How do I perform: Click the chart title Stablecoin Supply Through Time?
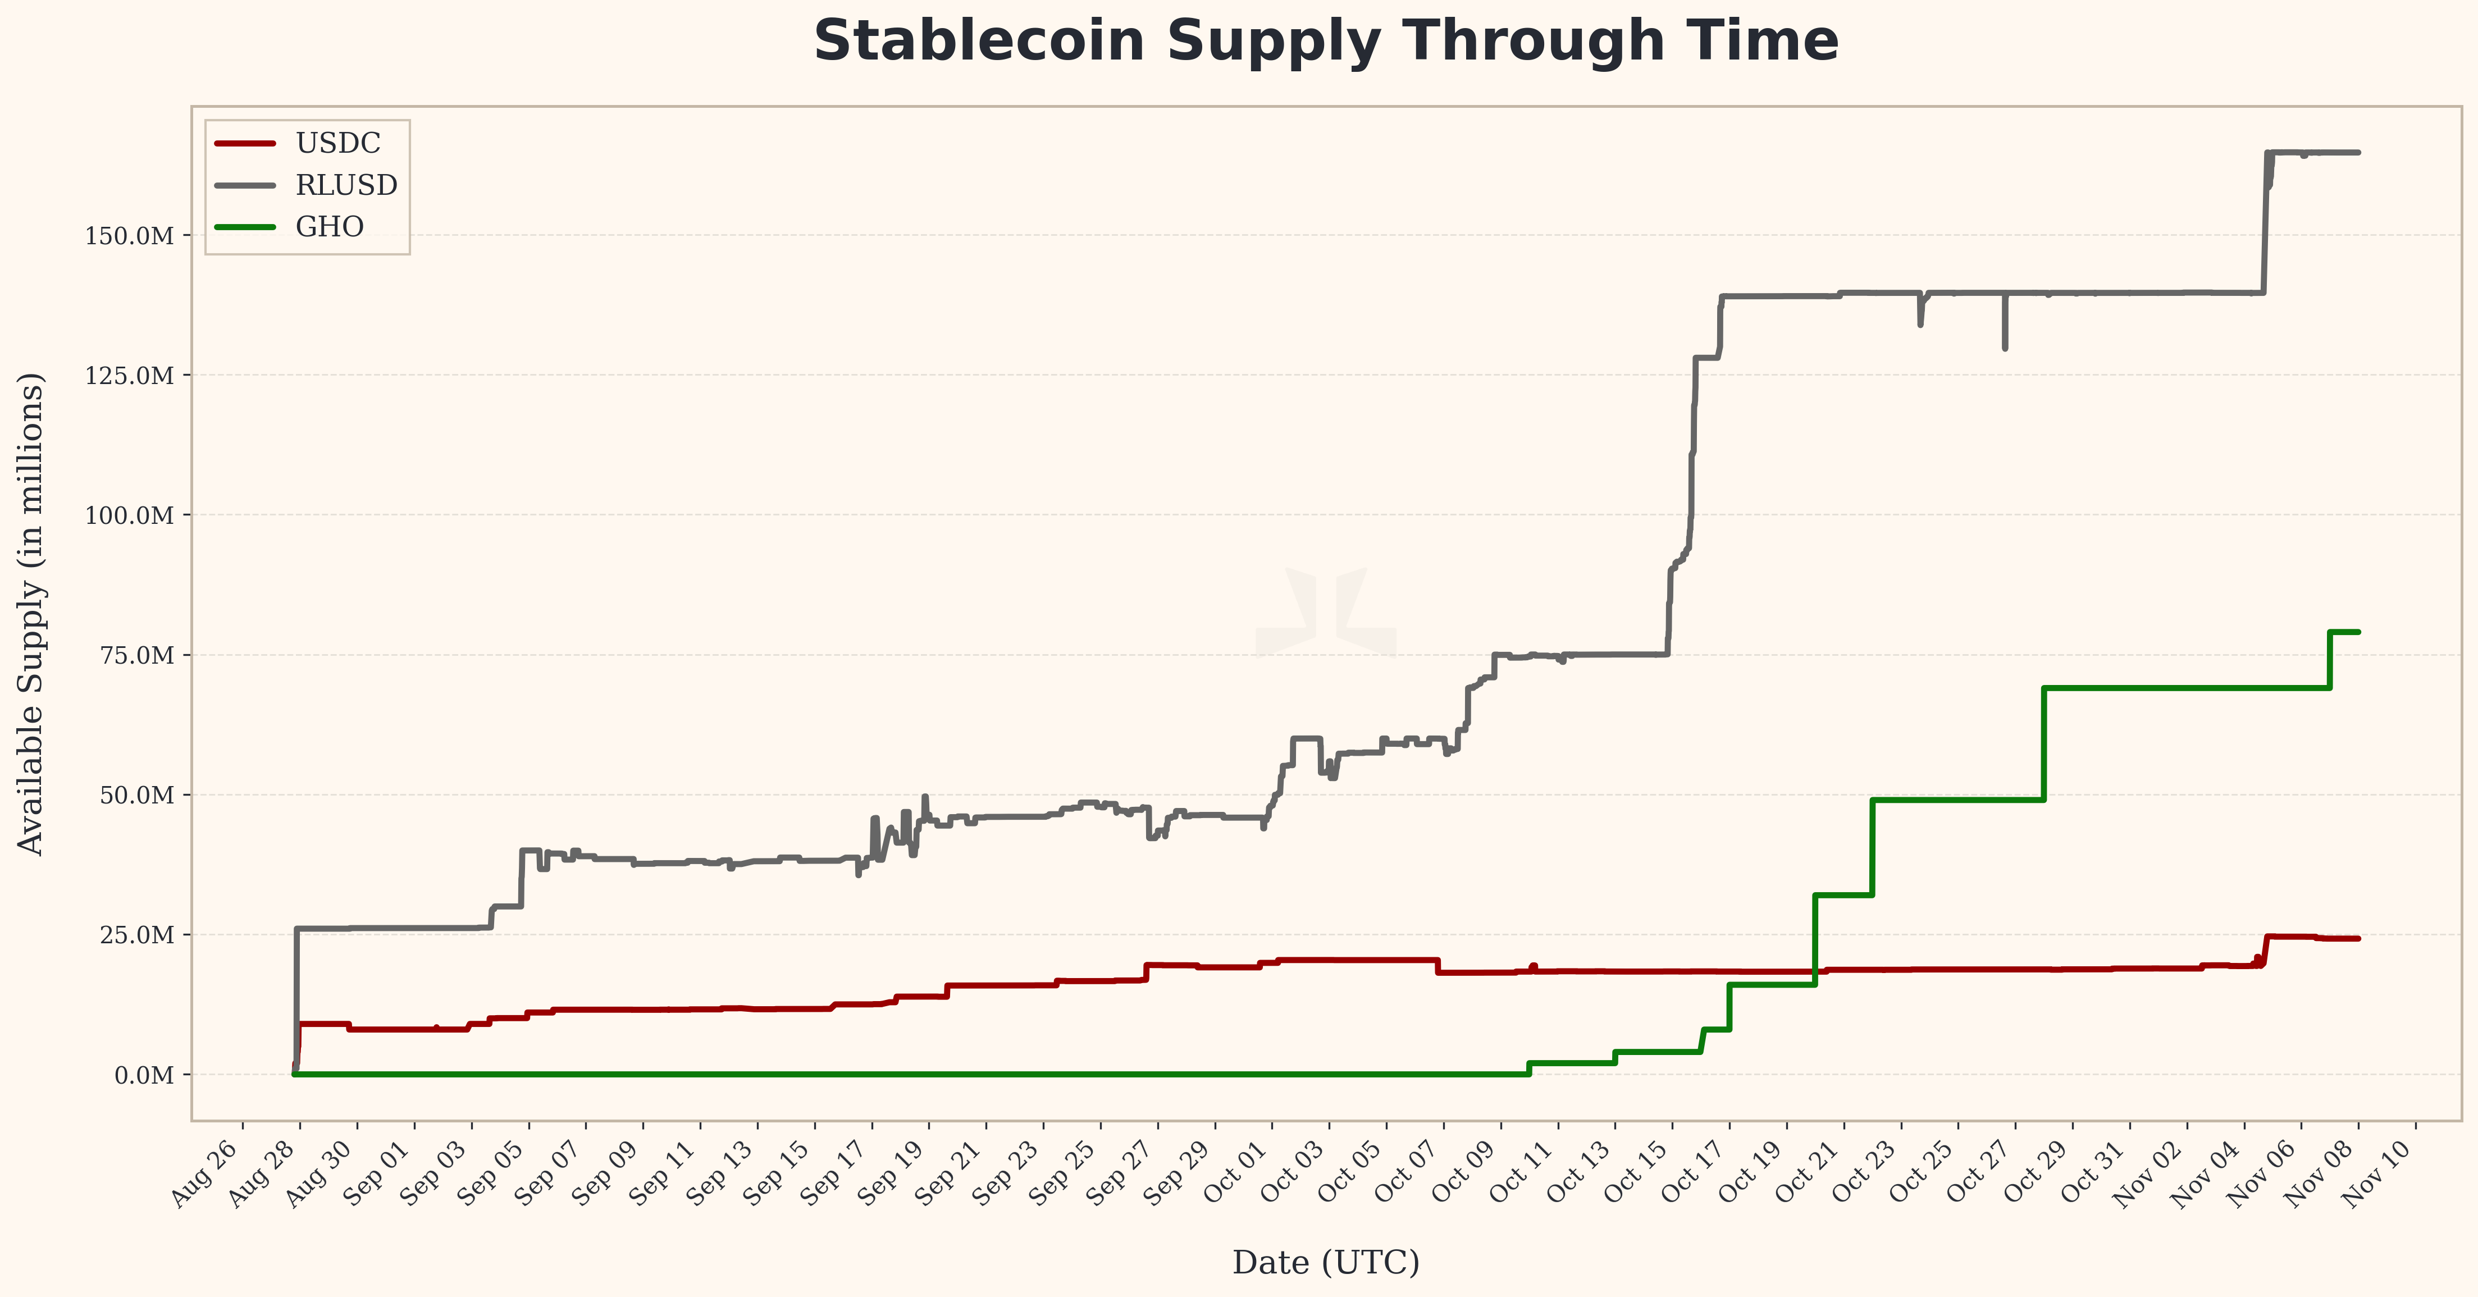[x=1326, y=42]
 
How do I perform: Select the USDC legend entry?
[x=337, y=143]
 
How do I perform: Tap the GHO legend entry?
[x=329, y=227]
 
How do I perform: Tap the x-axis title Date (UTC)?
[x=1326, y=1262]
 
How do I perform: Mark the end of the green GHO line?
[x=2358, y=632]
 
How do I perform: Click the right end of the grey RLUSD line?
[x=2358, y=153]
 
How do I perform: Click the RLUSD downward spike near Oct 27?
[x=2005, y=346]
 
